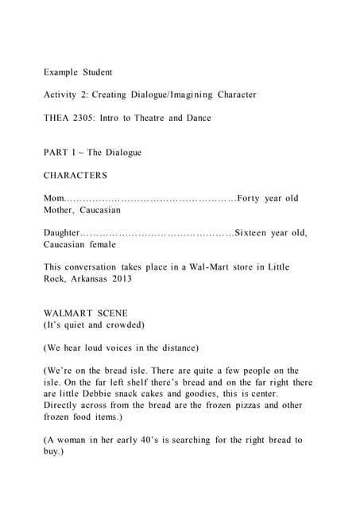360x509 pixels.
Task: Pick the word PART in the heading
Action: (56, 153)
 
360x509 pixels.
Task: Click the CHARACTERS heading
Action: (75, 175)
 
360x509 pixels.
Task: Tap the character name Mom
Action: (53, 198)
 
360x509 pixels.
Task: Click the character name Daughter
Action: (62, 233)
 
